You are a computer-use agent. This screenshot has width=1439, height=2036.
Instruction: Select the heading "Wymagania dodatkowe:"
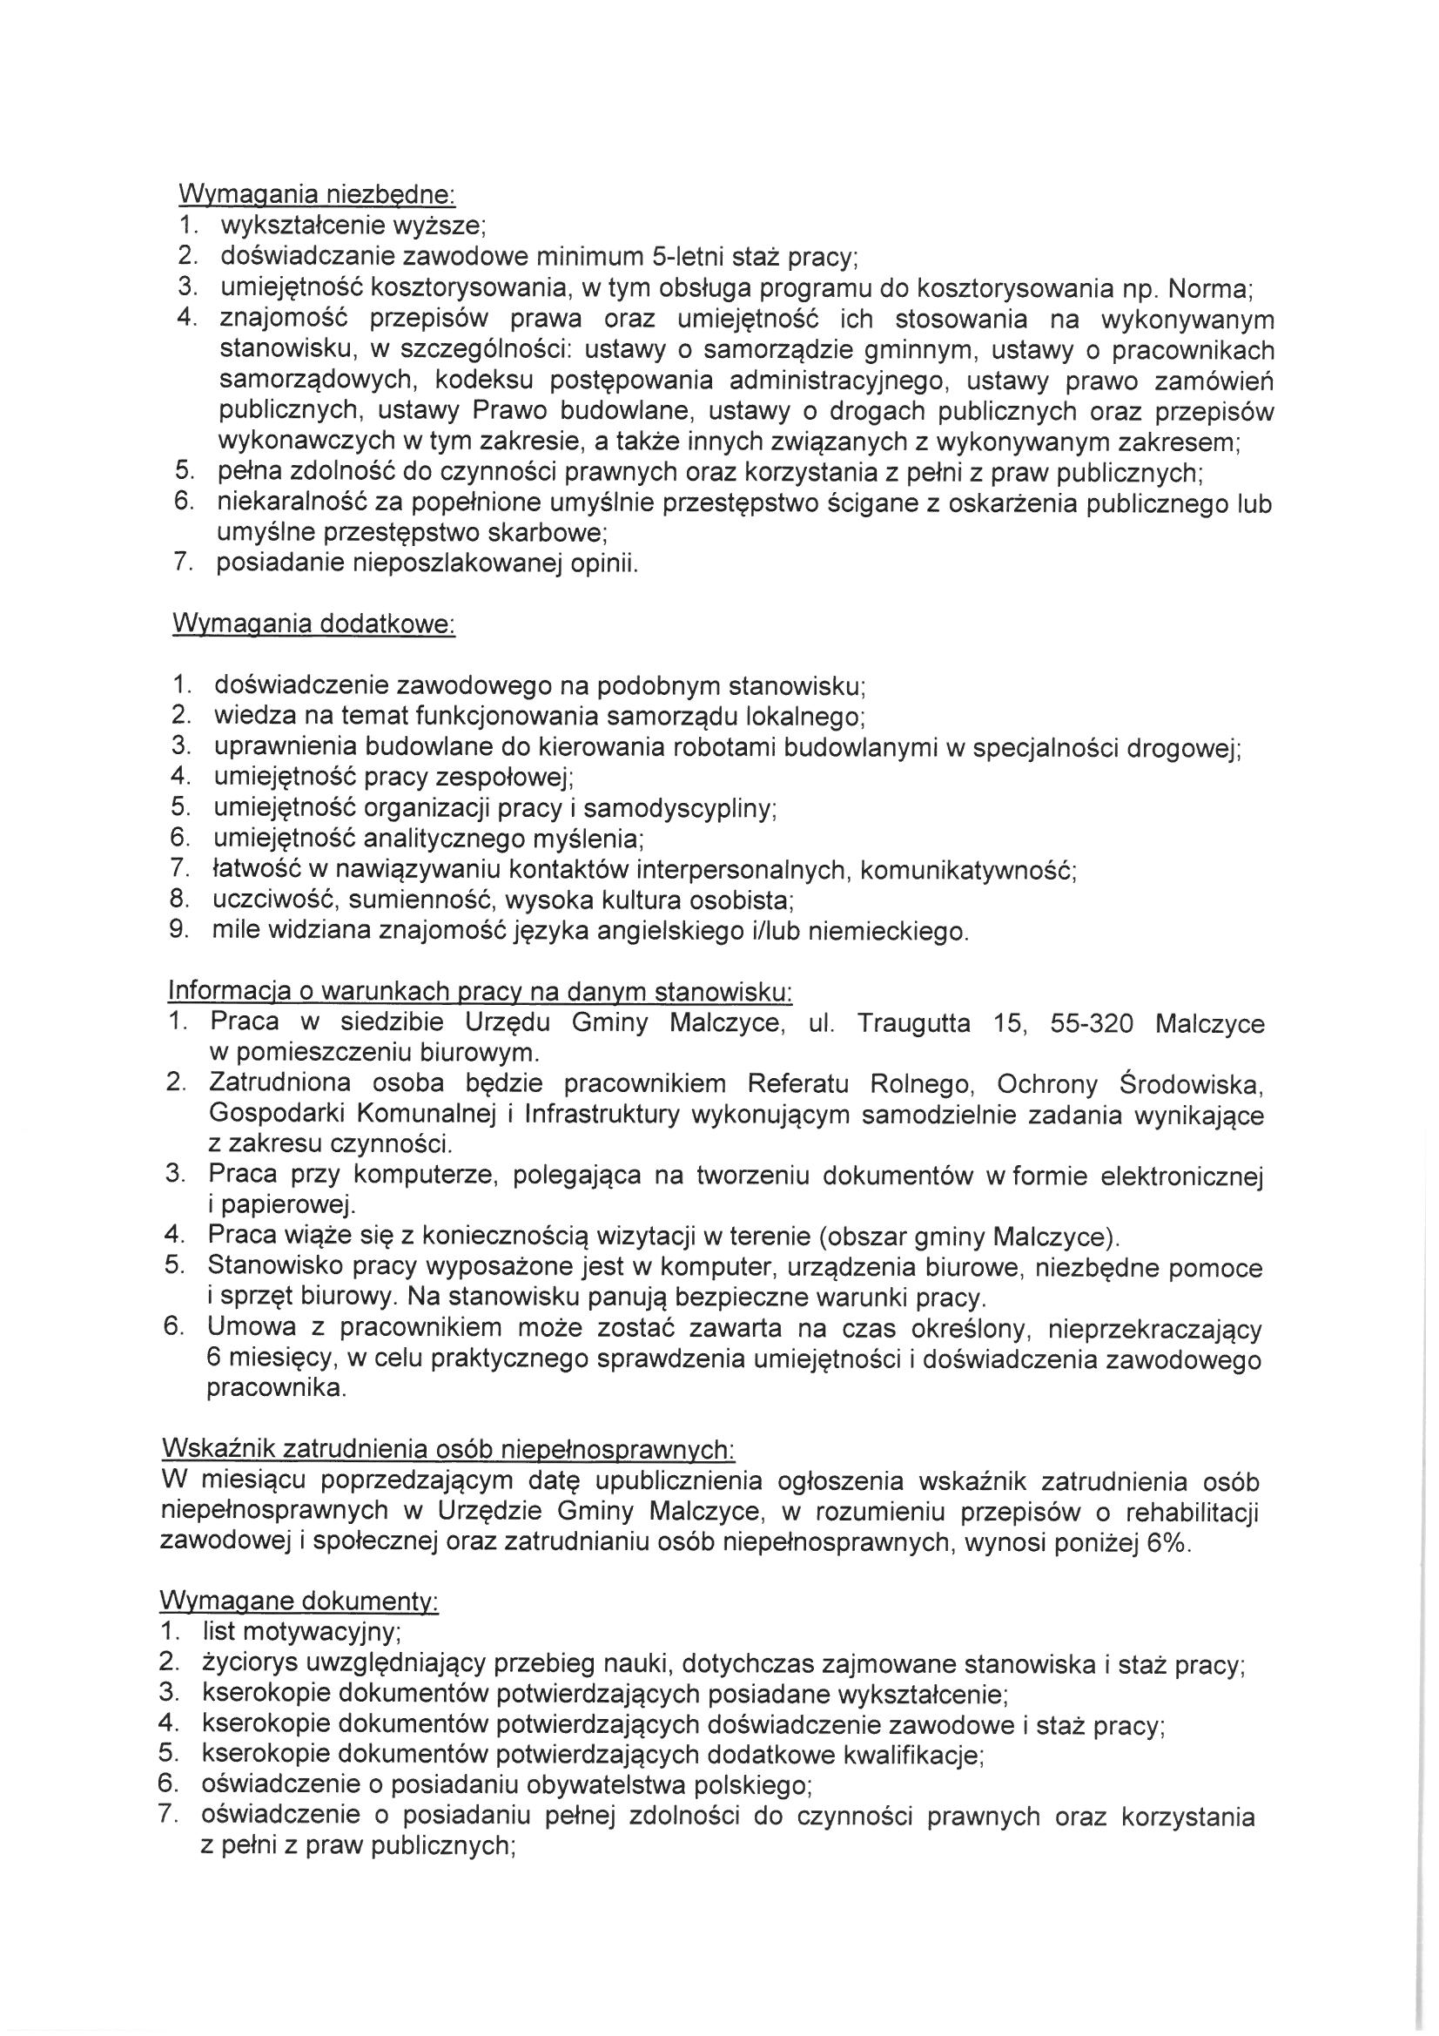point(313,624)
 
